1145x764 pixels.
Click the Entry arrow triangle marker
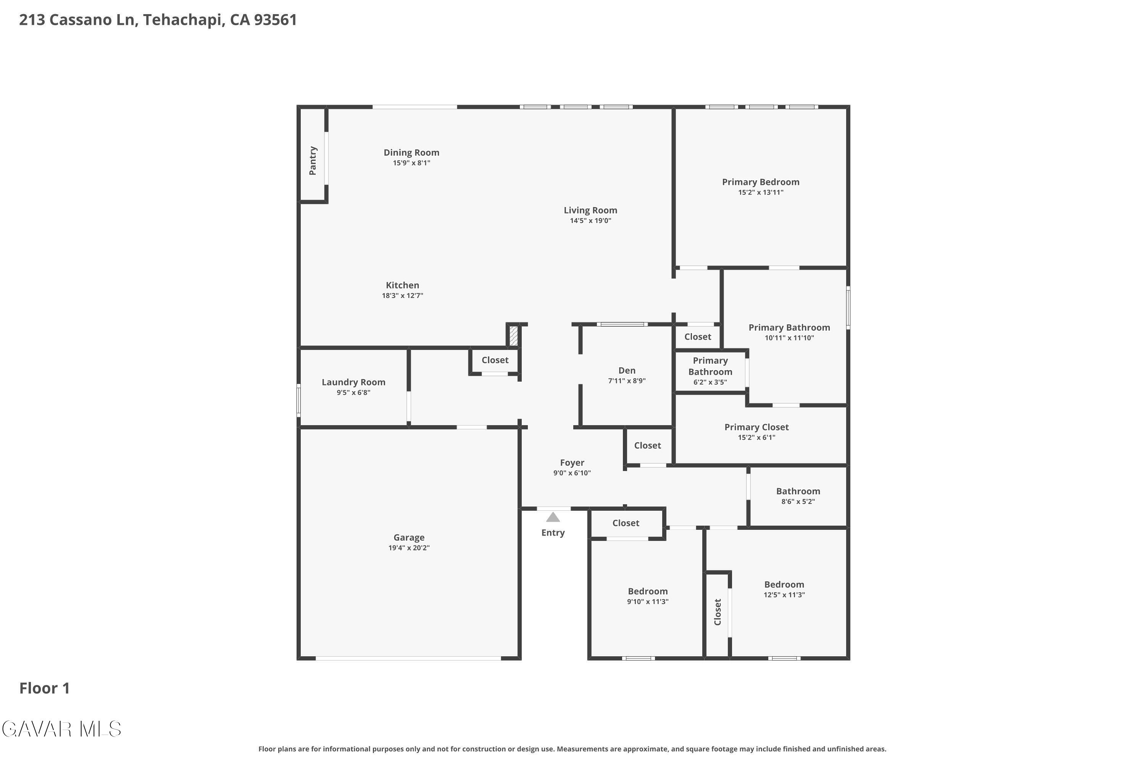(x=553, y=516)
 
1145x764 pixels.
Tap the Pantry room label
(x=313, y=160)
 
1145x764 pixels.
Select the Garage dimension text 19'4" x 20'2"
(x=409, y=548)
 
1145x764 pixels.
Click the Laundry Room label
(x=353, y=382)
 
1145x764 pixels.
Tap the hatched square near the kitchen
(x=514, y=336)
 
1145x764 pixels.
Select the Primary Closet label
(x=756, y=427)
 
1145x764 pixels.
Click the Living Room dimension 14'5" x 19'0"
(x=590, y=221)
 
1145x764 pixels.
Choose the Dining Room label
(x=411, y=152)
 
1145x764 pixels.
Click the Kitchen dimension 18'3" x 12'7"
(x=403, y=296)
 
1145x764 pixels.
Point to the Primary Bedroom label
(x=760, y=182)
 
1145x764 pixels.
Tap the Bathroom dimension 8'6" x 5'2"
(x=798, y=501)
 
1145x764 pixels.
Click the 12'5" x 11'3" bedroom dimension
(x=784, y=595)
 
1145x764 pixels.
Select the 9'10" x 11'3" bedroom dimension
(x=647, y=602)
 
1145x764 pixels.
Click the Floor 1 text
(x=45, y=688)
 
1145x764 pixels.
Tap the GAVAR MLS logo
(x=61, y=729)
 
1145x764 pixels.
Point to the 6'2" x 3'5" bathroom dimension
(x=710, y=382)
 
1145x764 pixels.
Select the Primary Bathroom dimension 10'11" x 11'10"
(x=789, y=338)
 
